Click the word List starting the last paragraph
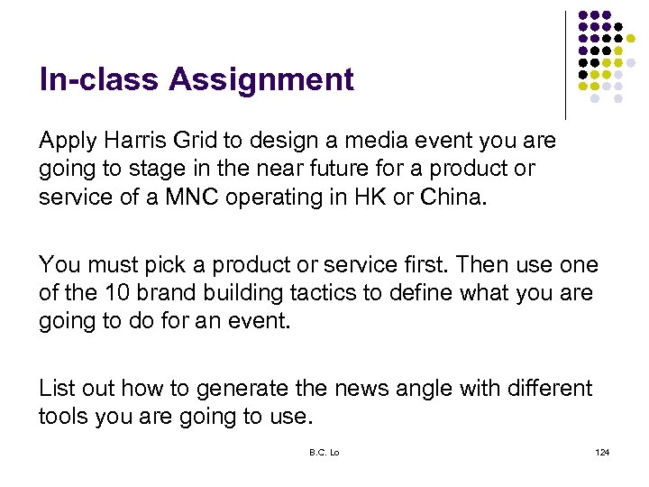click(57, 389)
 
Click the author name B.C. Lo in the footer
click(324, 452)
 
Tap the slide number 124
click(602, 452)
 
